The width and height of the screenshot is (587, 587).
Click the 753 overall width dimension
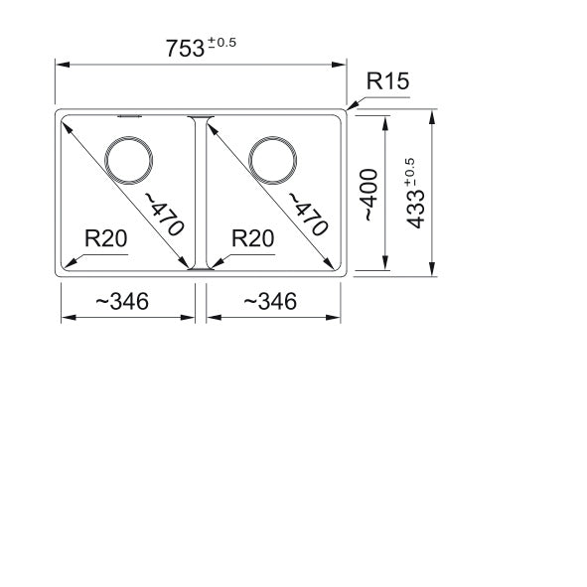(x=185, y=49)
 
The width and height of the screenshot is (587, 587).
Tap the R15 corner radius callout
(x=387, y=80)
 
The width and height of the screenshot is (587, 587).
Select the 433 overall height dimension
(x=416, y=210)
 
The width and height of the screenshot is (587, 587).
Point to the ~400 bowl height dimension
(x=368, y=195)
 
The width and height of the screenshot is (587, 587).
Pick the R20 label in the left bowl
(x=106, y=238)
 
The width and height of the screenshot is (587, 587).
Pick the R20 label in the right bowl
(x=252, y=238)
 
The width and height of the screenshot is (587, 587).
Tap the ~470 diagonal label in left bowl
(x=164, y=215)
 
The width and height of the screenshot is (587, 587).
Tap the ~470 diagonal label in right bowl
(x=308, y=215)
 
